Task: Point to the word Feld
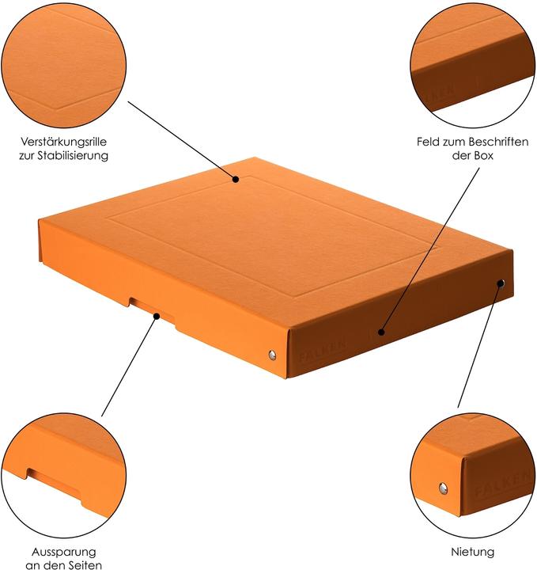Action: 428,142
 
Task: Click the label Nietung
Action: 474,551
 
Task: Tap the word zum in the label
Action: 452,142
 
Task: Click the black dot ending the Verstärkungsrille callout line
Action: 236,180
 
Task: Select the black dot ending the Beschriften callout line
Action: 380,332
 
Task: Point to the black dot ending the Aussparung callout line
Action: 157,317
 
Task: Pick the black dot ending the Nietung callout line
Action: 501,282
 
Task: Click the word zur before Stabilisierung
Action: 28,156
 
